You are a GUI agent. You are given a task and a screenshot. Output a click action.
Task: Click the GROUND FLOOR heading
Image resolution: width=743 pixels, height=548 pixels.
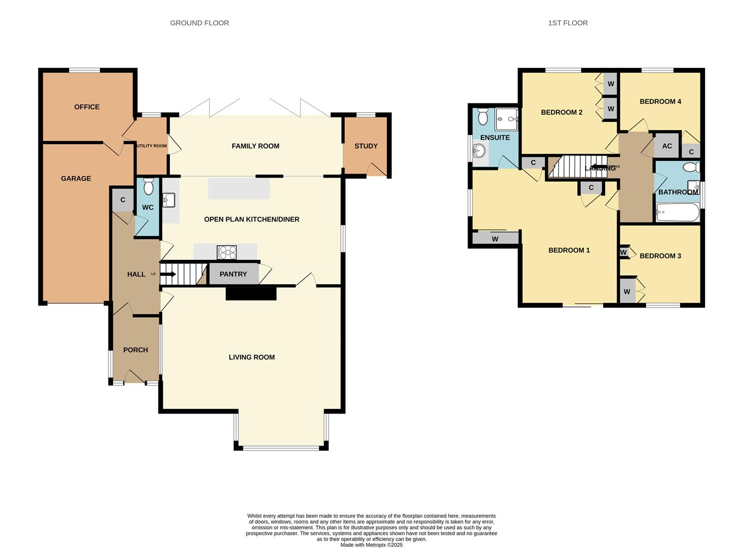199,23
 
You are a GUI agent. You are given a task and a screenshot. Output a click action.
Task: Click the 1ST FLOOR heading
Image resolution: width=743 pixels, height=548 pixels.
568,23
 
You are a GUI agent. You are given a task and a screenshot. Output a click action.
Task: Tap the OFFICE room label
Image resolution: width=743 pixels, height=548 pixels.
87,107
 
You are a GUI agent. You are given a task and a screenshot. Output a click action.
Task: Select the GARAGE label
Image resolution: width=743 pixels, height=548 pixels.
76,178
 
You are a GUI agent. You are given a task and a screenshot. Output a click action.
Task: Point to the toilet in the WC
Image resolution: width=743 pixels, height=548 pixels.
148,187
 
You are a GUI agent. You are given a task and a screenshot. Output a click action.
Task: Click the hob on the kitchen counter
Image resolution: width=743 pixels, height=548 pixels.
226,252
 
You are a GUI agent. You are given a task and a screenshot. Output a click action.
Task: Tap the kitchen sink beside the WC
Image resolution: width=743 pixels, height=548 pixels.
169,200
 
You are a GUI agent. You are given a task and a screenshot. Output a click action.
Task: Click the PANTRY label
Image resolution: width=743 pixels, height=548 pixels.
233,274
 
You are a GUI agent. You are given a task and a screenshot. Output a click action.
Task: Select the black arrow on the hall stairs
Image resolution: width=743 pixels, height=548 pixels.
168,274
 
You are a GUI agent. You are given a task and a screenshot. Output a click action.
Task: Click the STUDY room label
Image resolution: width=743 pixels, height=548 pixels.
366,146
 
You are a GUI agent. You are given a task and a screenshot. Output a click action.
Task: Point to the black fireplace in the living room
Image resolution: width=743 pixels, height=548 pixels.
251,293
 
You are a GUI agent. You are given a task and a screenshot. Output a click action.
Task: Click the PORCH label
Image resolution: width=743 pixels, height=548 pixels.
135,350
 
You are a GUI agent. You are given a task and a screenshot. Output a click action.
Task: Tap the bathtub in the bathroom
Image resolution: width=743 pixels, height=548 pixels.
677,212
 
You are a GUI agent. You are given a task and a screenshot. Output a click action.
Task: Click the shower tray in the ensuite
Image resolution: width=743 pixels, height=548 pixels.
507,120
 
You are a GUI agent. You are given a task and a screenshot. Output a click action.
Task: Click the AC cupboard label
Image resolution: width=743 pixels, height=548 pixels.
667,146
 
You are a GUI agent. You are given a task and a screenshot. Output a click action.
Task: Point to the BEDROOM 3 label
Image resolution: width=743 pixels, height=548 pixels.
660,256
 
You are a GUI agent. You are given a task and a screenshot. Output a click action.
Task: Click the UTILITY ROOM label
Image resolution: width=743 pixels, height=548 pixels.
152,146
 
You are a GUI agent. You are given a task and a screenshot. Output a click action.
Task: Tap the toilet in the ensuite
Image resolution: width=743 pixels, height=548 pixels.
483,116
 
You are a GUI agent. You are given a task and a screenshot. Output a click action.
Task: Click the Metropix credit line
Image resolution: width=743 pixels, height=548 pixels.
371,545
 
